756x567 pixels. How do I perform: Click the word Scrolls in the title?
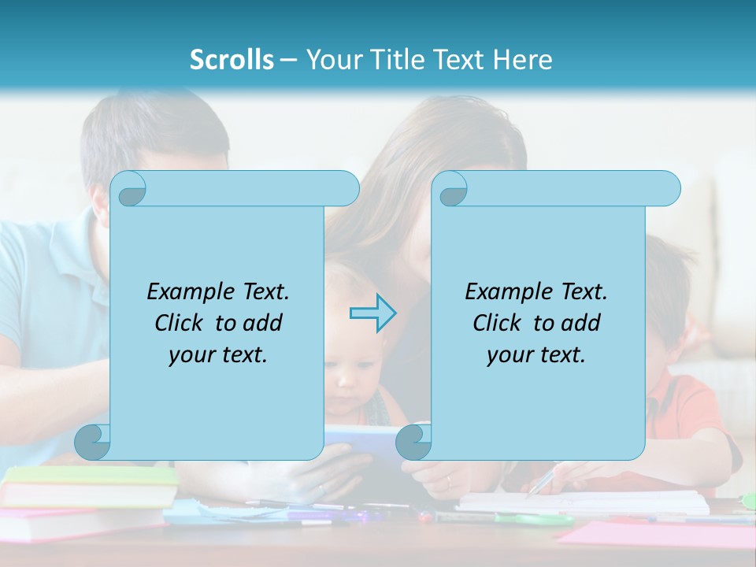click(x=232, y=60)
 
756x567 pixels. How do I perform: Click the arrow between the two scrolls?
click(x=372, y=313)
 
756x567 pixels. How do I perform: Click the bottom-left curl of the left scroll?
click(x=93, y=442)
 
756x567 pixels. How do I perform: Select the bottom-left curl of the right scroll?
click(x=413, y=442)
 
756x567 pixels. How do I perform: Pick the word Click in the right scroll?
click(x=496, y=323)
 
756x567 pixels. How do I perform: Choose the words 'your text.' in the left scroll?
click(x=218, y=355)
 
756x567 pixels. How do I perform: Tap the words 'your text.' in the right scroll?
click(x=536, y=355)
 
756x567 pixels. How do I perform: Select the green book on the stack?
click(x=91, y=476)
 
